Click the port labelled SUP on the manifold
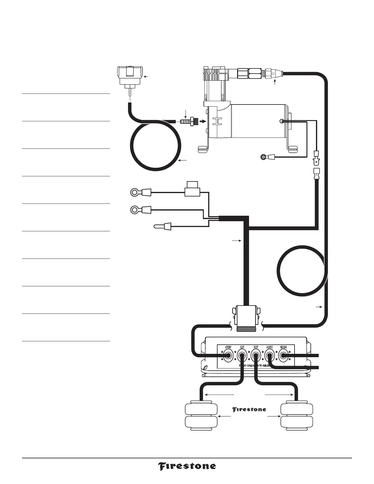(x=228, y=356)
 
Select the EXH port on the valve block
(x=283, y=356)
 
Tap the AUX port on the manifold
(x=269, y=356)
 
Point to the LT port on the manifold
(x=242, y=356)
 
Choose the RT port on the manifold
(x=256, y=356)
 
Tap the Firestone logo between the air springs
(x=249, y=409)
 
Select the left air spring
(x=201, y=416)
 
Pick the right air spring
(x=297, y=416)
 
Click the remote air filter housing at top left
(x=130, y=77)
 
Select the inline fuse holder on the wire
(x=193, y=190)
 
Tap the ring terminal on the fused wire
(x=135, y=193)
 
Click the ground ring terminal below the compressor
(x=263, y=157)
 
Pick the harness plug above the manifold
(x=246, y=316)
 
